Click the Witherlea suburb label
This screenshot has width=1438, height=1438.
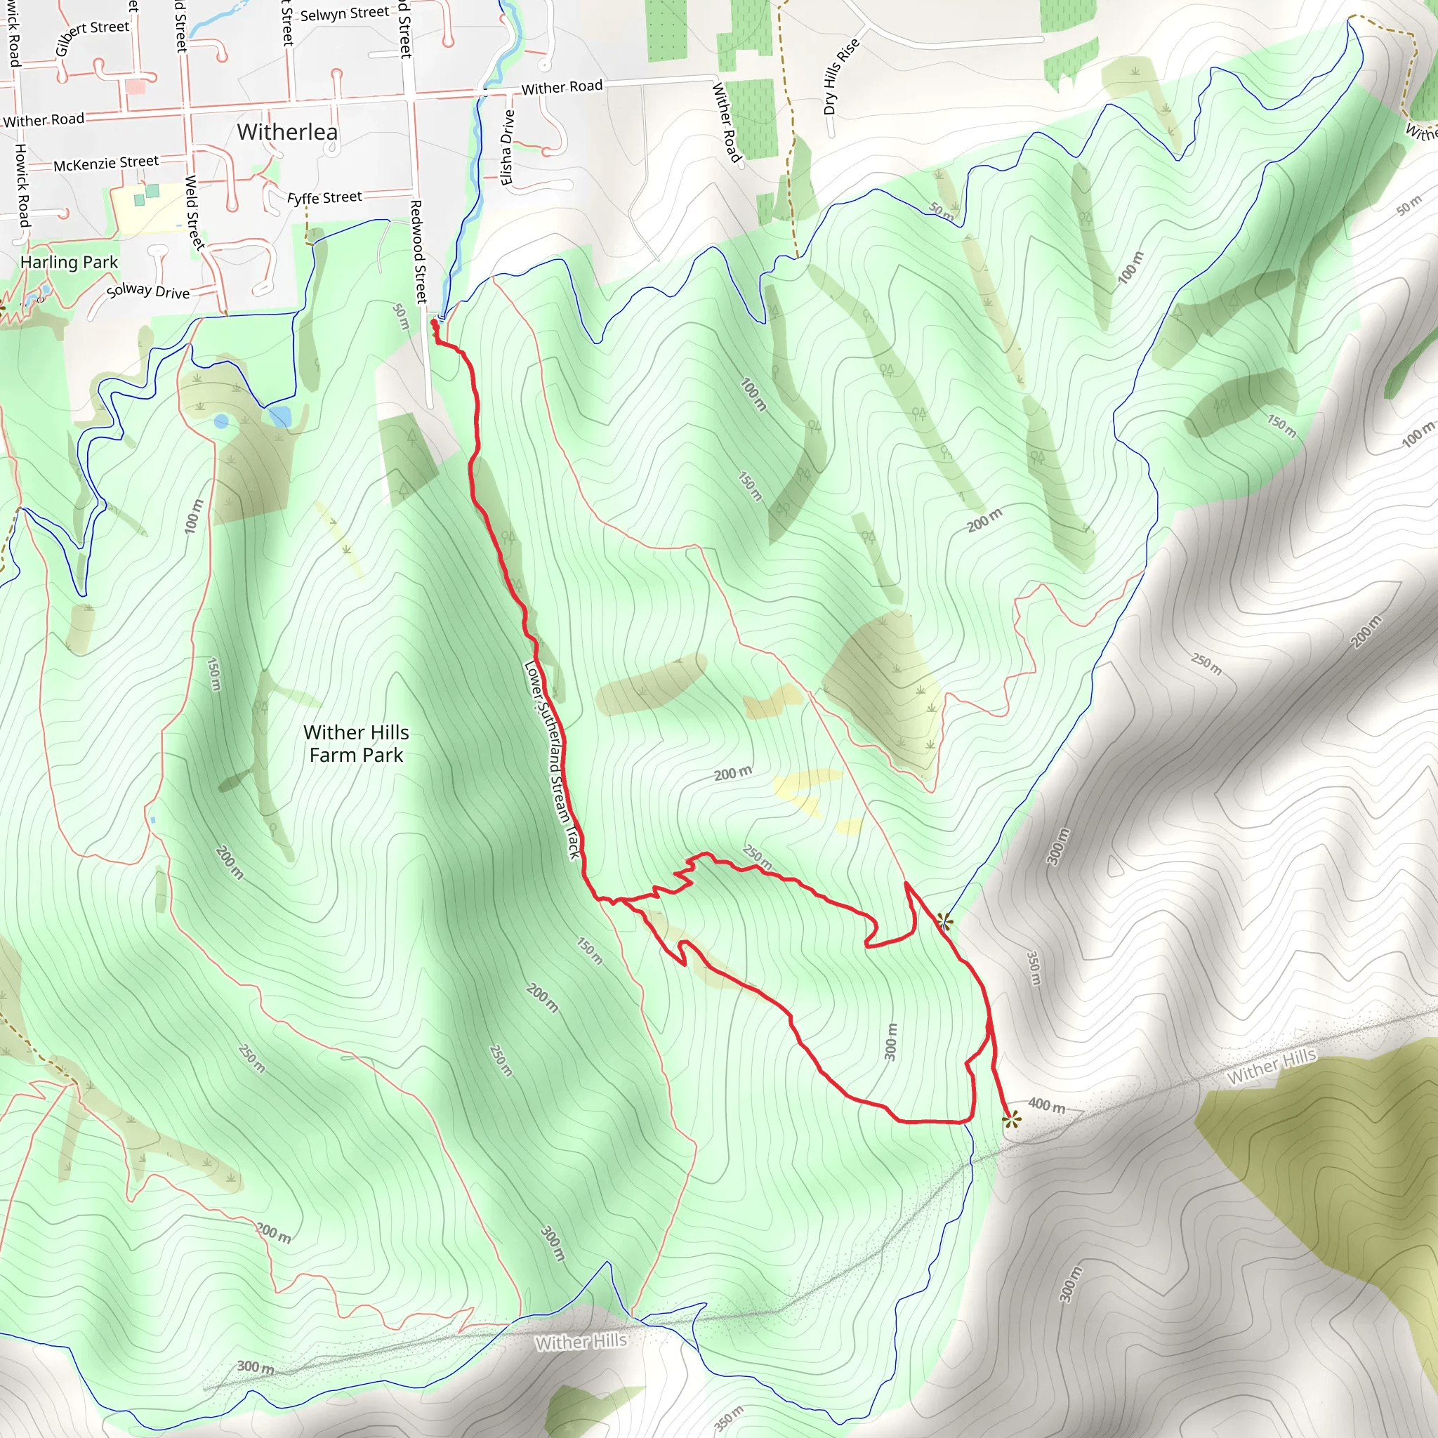pyautogui.click(x=287, y=133)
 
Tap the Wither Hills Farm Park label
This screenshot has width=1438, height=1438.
pyautogui.click(x=356, y=744)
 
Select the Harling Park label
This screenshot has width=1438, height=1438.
pyautogui.click(x=70, y=262)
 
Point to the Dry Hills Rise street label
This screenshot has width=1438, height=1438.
pyautogui.click(x=841, y=76)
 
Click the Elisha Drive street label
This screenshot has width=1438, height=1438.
pyautogui.click(x=508, y=147)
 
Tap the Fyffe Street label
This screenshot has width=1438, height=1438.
pyautogui.click(x=324, y=197)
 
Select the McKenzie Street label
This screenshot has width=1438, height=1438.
pyautogui.click(x=106, y=163)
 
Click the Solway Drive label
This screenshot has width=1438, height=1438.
pyautogui.click(x=148, y=291)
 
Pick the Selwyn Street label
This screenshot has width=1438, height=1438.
pyautogui.click(x=345, y=13)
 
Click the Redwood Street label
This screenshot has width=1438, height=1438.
pyautogui.click(x=418, y=251)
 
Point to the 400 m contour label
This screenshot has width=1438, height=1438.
pyautogui.click(x=1046, y=1106)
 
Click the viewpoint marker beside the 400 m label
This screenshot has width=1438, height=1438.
pyautogui.click(x=1011, y=1119)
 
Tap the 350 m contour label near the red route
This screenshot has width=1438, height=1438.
pyautogui.click(x=1034, y=968)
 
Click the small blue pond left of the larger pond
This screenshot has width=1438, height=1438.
pyautogui.click(x=221, y=422)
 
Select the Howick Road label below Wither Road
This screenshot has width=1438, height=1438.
pyautogui.click(x=22, y=185)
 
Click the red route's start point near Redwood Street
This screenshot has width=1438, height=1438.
pyautogui.click(x=435, y=324)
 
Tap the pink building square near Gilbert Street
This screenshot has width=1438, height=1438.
pyautogui.click(x=136, y=86)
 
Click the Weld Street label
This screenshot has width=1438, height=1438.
pyautogui.click(x=194, y=212)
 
